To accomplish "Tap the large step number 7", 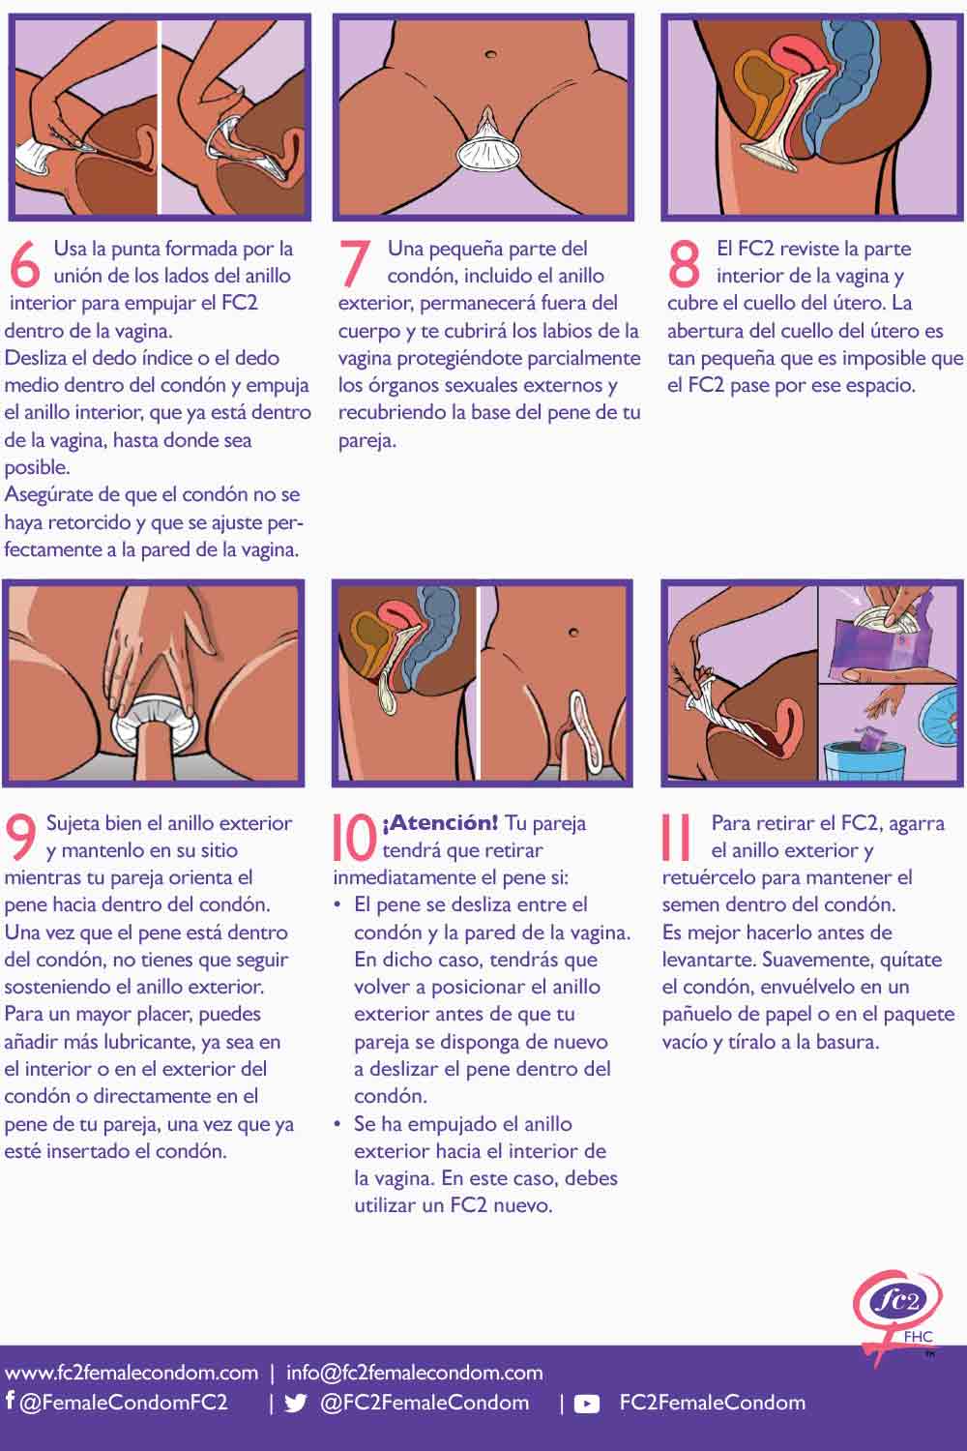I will (355, 263).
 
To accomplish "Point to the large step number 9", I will (21, 838).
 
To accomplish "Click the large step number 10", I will (354, 838).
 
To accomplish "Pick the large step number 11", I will (676, 838).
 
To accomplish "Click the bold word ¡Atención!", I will (440, 823).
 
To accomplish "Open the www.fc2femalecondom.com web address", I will (132, 1373).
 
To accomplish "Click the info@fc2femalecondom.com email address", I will (414, 1373).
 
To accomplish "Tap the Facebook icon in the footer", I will (10, 1401).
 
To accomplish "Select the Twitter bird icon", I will (296, 1404).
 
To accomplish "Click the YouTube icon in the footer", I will (587, 1404).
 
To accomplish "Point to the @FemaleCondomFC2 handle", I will (124, 1402).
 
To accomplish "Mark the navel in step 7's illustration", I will (491, 54).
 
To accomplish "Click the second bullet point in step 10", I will (337, 1125).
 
